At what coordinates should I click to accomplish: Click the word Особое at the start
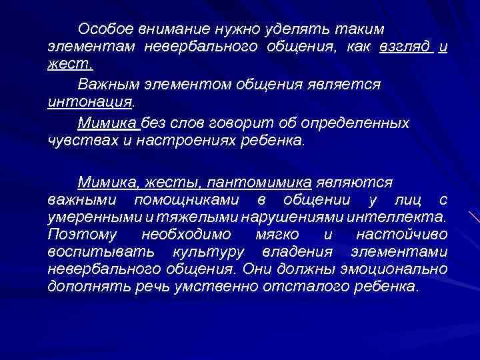tap(105, 29)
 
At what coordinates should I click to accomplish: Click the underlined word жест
tap(70, 65)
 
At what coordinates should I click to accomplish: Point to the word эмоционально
tap(397, 270)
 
